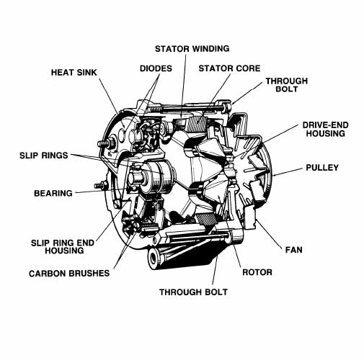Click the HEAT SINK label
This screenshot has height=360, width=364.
(74, 72)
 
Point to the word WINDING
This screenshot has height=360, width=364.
(210, 48)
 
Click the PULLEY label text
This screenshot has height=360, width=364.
(321, 168)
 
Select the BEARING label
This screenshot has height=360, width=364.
(53, 193)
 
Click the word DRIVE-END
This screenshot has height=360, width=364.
(325, 125)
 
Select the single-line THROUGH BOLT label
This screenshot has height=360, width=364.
(193, 292)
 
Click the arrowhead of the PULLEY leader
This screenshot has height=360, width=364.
(275, 175)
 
